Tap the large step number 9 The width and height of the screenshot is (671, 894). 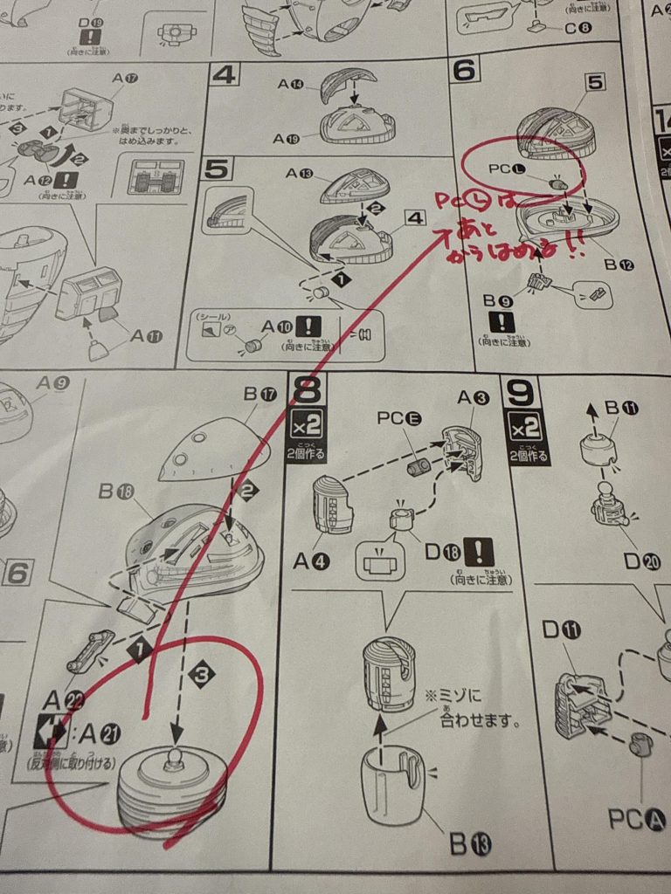tap(521, 394)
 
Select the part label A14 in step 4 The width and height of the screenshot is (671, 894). tap(295, 85)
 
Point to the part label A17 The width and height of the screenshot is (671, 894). tap(126, 77)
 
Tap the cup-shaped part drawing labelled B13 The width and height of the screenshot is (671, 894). tap(392, 783)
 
